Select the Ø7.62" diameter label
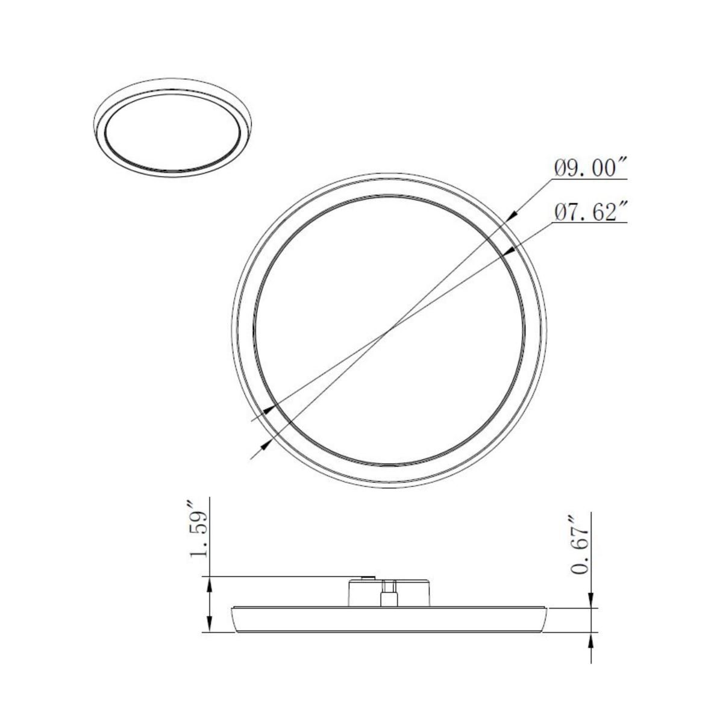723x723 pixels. point(591,212)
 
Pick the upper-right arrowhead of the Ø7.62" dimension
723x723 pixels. point(509,252)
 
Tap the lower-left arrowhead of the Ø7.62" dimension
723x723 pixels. point(271,408)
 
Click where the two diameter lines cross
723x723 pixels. point(392,328)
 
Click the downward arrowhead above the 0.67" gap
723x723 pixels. point(592,602)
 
